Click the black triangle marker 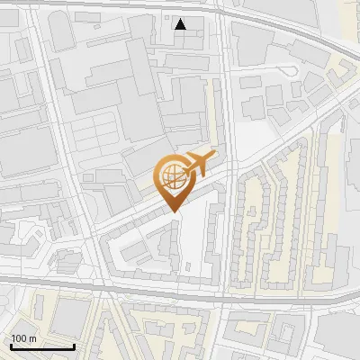point(181,24)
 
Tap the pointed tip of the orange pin point(173,211)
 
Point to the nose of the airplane point(213,157)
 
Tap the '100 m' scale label point(24,337)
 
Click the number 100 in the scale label point(20,337)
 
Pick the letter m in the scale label point(33,337)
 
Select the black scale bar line point(43,346)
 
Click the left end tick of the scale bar point(12,345)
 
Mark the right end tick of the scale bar point(75,345)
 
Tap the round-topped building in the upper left point(60,31)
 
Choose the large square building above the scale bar point(67,315)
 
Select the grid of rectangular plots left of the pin point(99,135)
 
